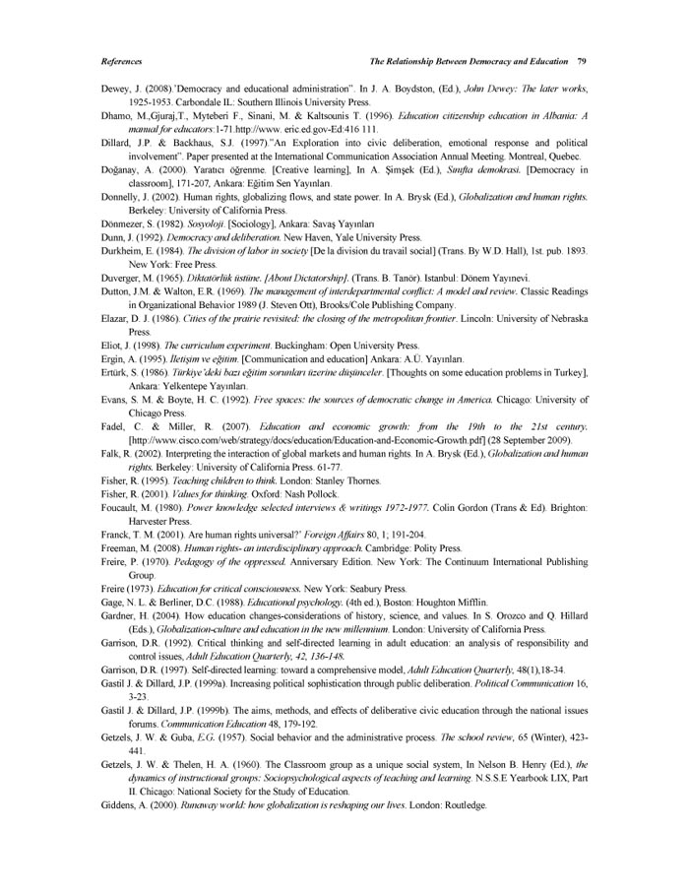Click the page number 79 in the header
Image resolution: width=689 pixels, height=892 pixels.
coord(583,60)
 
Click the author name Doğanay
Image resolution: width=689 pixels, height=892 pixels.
coord(122,169)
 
